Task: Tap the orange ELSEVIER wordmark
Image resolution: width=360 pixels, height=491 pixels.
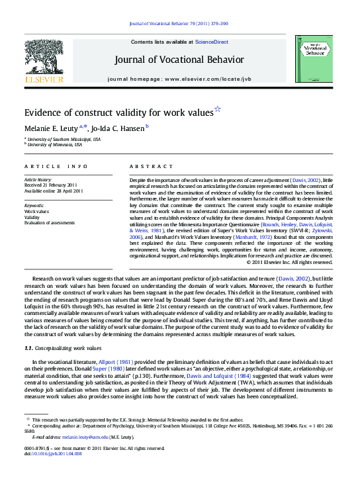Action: [44, 79]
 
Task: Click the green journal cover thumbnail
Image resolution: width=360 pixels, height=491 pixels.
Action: [314, 59]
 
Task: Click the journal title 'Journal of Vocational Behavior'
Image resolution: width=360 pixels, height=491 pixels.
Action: [179, 60]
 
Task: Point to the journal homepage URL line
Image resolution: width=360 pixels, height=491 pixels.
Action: [179, 79]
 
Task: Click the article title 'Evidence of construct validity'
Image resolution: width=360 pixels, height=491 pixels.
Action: [118, 113]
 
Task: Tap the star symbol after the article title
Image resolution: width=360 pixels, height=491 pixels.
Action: [218, 109]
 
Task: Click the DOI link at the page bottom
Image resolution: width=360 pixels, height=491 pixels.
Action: [53, 454]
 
